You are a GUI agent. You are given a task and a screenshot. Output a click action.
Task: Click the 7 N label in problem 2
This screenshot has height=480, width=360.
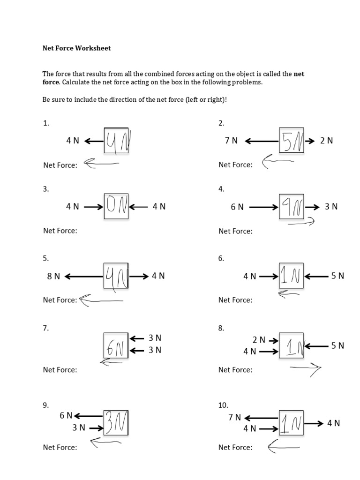click(x=231, y=141)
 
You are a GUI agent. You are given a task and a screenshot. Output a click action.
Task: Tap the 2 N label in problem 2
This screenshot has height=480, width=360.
click(x=327, y=141)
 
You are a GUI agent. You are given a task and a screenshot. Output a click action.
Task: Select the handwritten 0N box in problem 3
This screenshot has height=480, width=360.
click(x=116, y=207)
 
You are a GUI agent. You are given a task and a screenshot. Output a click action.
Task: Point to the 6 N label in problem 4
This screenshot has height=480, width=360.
click(x=237, y=207)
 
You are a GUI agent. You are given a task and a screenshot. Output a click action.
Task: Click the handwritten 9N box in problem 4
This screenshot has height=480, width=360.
click(x=292, y=207)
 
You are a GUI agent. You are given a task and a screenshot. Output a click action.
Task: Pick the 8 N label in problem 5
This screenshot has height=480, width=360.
click(x=53, y=277)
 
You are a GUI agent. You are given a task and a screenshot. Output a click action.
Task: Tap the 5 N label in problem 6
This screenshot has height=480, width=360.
click(x=337, y=276)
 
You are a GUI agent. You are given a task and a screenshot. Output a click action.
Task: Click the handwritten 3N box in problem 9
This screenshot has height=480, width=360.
click(x=116, y=423)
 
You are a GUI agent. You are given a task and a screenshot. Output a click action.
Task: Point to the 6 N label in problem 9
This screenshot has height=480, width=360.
click(x=66, y=415)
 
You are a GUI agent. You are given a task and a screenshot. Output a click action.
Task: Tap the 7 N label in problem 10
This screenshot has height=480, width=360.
click(x=235, y=417)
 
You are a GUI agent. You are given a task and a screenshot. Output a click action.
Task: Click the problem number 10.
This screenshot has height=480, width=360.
click(x=223, y=405)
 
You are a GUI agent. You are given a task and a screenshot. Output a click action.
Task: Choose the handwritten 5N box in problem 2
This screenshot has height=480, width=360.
click(x=292, y=140)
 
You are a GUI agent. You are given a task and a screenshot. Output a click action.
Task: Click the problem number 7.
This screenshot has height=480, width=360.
click(x=46, y=328)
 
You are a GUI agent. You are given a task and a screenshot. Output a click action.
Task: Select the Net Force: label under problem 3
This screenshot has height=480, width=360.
click(x=60, y=231)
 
